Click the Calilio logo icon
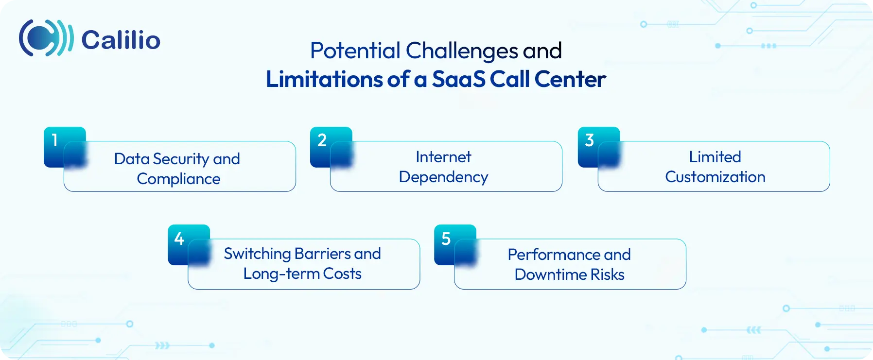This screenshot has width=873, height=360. point(46,38)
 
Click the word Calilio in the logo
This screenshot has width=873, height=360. point(121,40)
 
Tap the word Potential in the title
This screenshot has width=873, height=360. point(355,51)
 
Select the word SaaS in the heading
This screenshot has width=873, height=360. point(458,79)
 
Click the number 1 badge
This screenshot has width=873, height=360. point(55,140)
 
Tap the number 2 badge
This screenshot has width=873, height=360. point(322,140)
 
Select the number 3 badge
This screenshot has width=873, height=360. point(589,140)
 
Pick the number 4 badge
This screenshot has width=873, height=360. point(179,239)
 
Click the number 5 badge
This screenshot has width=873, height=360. point(446,239)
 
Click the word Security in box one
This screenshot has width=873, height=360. point(181,159)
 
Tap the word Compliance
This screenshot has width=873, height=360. point(178,179)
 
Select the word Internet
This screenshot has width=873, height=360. point(443,157)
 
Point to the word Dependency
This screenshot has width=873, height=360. point(443,177)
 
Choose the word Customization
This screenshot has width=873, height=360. point(715,177)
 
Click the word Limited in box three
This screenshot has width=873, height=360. point(715,157)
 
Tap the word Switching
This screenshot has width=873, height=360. point(257,254)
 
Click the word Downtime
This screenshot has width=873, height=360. point(550,274)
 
